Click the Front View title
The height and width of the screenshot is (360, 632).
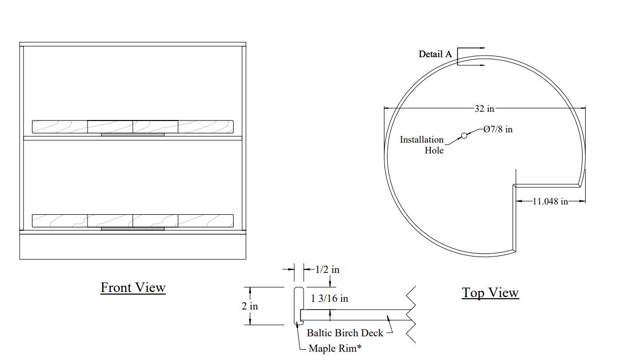133,287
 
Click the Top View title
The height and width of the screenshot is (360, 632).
490,293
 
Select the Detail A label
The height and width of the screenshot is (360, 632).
435,54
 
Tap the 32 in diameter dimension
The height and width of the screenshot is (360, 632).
484,109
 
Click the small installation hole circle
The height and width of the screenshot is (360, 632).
464,136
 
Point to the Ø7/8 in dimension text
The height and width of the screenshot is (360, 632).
498,129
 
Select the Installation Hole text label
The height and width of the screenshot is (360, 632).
422,145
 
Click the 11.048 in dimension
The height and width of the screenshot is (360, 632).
550,201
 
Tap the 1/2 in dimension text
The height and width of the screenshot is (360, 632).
327,270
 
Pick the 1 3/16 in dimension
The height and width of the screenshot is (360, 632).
329,298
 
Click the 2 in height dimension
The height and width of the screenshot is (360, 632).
250,306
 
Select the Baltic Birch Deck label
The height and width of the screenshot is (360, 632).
345,333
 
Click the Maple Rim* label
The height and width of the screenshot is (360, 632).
335,349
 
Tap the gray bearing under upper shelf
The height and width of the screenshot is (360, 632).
133,135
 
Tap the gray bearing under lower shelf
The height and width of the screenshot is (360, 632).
133,229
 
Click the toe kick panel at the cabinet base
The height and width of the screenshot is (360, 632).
133,247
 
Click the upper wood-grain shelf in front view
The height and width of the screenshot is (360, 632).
133,127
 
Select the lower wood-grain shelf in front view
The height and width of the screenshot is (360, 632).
133,221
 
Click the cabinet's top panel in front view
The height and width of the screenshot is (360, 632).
133,44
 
